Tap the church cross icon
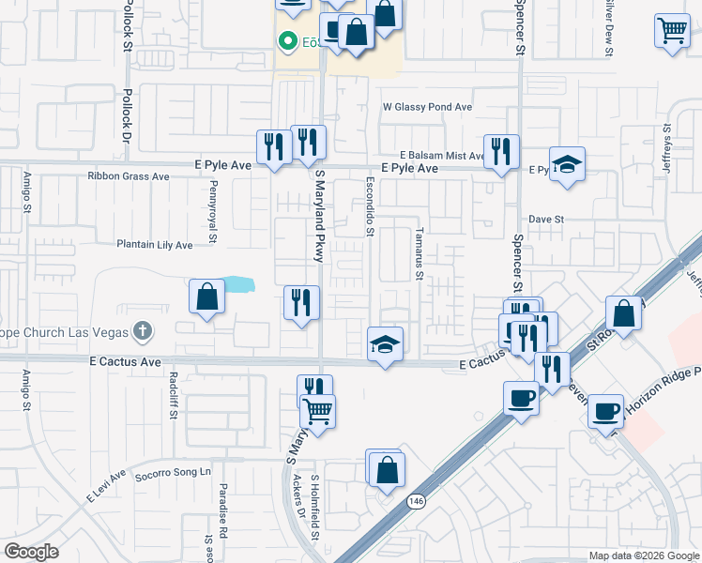click(142, 330)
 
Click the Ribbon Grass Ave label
click(128, 175)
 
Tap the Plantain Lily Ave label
click(154, 245)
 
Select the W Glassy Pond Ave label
click(427, 107)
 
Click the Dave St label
click(545, 219)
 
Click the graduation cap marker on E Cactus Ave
click(385, 344)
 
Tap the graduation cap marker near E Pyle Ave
click(567, 164)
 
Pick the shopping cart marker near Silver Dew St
click(673, 31)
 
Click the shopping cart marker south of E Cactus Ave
click(319, 410)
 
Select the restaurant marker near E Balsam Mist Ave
click(502, 149)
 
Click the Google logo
click(32, 552)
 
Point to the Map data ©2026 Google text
click(643, 555)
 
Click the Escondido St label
click(371, 205)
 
